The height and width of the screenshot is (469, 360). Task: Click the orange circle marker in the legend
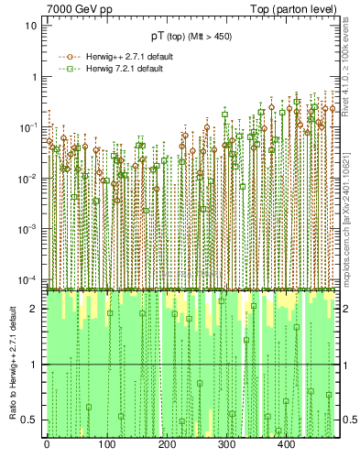[x=65, y=57]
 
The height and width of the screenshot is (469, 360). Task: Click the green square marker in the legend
[x=65, y=70]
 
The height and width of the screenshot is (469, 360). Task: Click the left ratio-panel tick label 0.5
[x=29, y=420]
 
